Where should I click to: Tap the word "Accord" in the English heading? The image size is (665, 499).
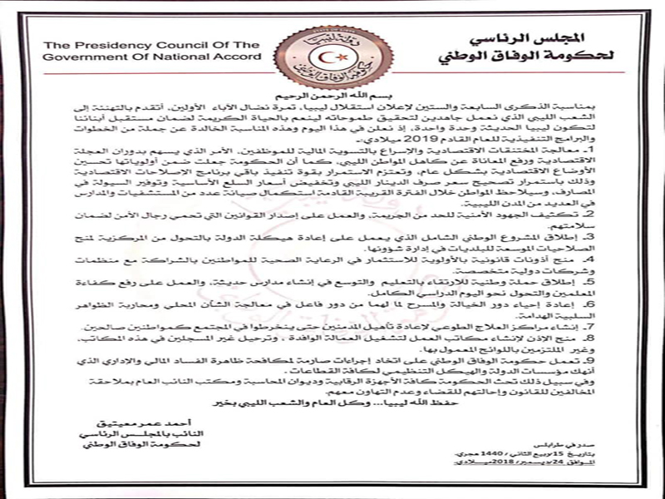tap(236, 58)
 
